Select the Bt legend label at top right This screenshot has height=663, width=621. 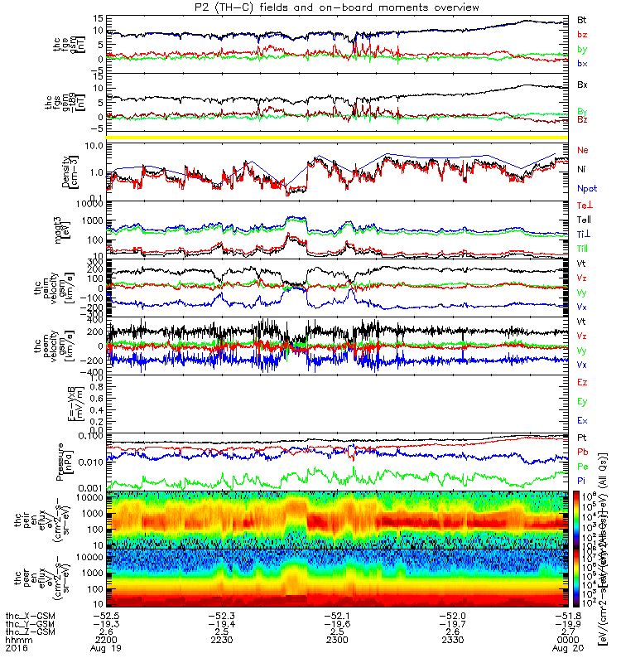[582, 18]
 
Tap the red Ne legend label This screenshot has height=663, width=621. [582, 150]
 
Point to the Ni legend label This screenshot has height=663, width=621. [581, 169]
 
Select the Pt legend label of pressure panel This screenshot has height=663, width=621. [581, 437]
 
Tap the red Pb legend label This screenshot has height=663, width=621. [582, 452]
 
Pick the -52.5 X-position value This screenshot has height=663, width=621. [110, 615]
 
